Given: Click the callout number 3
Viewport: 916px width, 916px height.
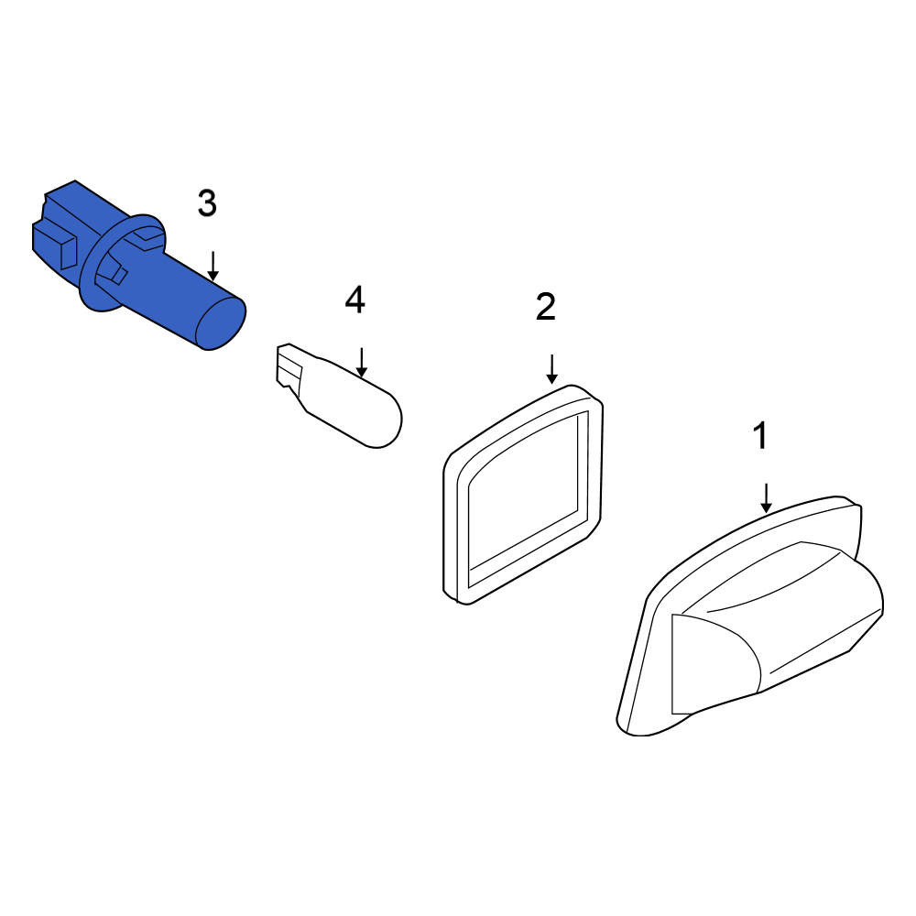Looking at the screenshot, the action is [207, 204].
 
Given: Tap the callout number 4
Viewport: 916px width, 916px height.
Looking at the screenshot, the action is [355, 300].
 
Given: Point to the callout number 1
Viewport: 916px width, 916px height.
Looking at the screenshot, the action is [760, 435].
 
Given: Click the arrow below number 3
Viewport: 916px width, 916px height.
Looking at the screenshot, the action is [213, 266].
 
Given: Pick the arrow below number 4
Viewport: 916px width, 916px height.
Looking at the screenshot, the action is [362, 362].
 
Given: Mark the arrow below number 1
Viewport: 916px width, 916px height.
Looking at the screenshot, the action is [767, 498].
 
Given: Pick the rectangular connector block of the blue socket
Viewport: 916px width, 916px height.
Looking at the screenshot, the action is [64, 225].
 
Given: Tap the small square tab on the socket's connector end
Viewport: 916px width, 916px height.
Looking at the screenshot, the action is [69, 250].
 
